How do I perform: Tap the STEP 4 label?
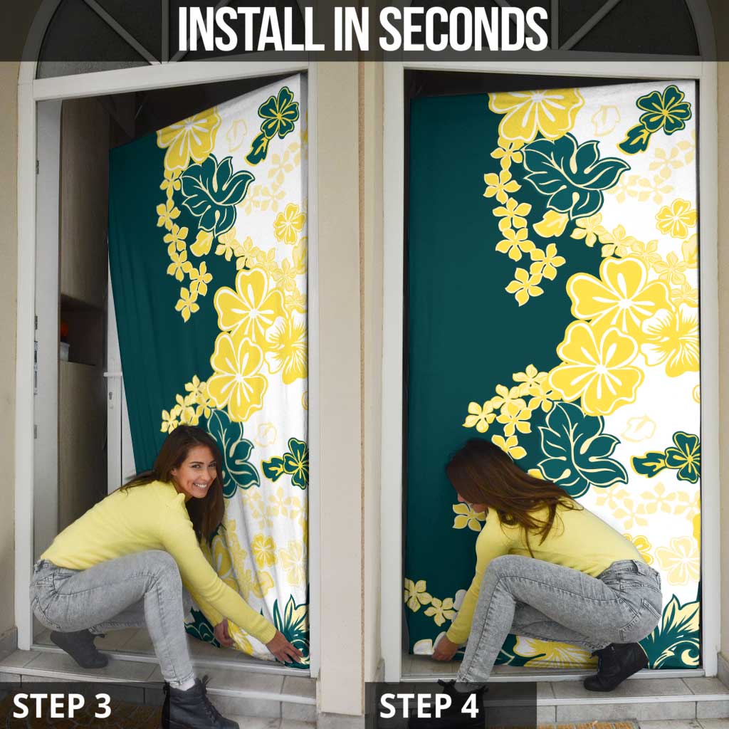coord(429,705)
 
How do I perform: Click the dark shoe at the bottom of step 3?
coord(196,705)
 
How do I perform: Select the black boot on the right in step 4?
coord(616,666)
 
